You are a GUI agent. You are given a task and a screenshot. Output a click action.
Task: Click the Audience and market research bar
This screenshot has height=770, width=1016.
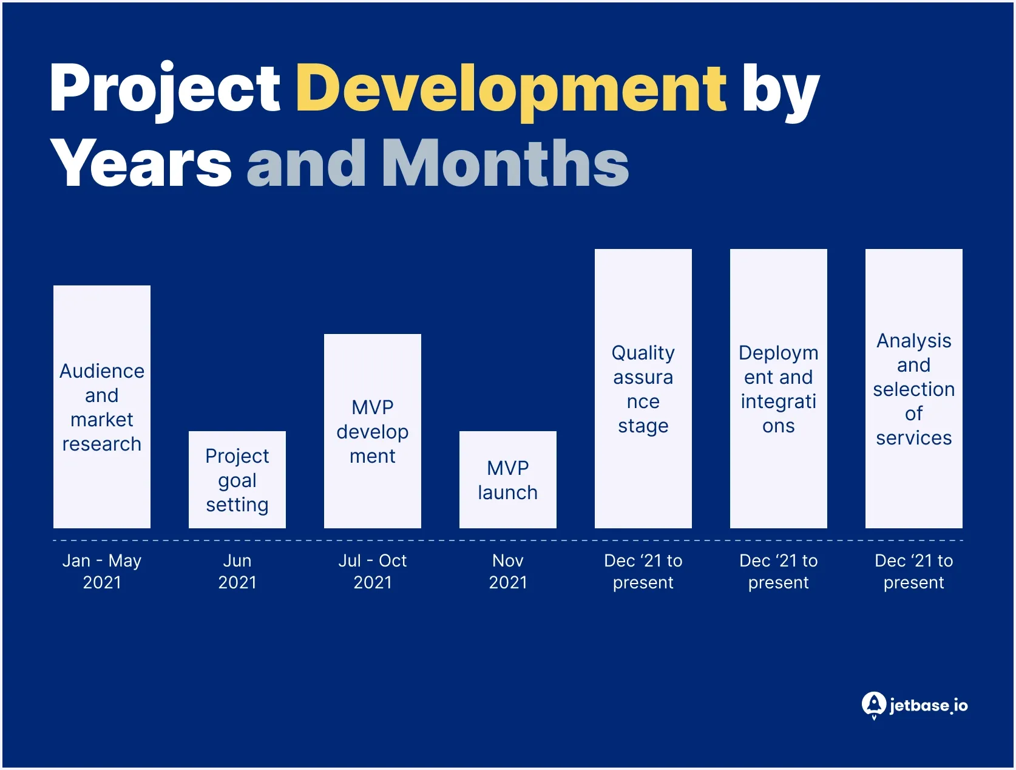pos(102,406)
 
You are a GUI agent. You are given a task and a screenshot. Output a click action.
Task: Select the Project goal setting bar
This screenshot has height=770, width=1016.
pos(237,479)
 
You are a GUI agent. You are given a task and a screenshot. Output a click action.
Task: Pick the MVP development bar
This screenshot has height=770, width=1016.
pos(373,431)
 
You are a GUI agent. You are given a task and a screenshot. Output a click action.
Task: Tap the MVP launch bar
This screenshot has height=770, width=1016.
pos(508,479)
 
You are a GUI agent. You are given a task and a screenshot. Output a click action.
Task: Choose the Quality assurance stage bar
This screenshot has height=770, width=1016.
pos(643,388)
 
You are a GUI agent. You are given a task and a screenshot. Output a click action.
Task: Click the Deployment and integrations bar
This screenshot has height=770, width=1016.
pos(779,388)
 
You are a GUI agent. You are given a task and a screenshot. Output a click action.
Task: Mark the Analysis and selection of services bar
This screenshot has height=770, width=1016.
pos(914,388)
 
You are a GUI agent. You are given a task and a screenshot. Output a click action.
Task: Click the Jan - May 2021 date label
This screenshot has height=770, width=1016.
pos(102,571)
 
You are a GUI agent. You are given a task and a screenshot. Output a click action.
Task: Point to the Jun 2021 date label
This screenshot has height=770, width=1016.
pos(237,571)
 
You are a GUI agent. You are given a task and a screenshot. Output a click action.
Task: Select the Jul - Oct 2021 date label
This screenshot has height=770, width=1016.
pos(373,571)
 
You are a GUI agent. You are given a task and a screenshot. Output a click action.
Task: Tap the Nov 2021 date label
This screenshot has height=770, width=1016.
pos(508,571)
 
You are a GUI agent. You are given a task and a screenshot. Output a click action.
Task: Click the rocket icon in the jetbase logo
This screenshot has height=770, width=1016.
pos(874,704)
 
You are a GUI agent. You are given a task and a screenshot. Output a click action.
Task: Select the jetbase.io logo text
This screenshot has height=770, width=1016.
pos(929,705)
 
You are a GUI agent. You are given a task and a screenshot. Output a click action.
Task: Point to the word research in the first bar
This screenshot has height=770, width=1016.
pos(102,444)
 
